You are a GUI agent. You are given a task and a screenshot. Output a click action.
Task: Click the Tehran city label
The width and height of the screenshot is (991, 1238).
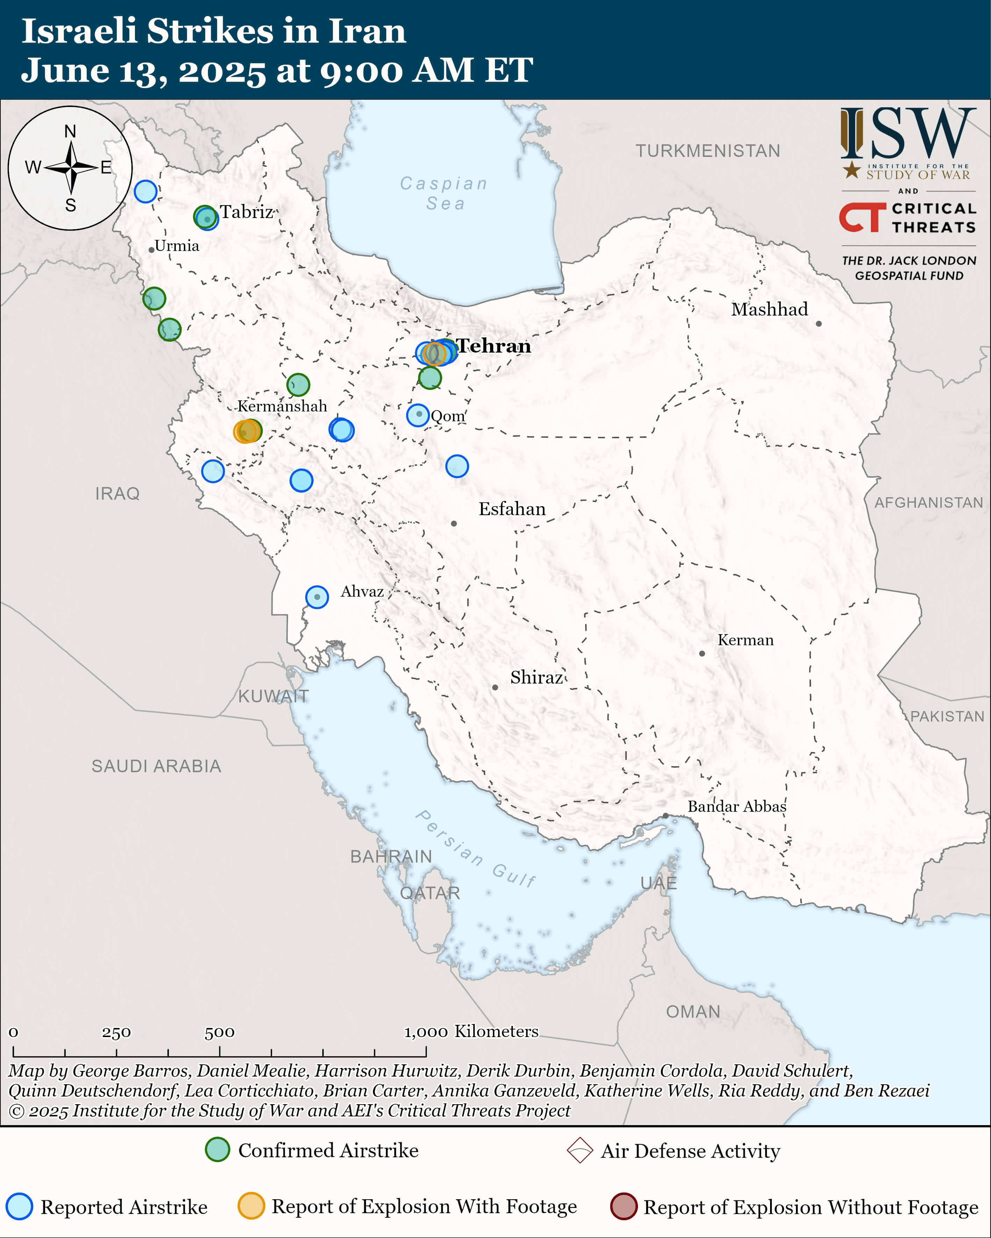494,346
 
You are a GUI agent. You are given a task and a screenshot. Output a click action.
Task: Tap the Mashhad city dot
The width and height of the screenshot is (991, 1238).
819,324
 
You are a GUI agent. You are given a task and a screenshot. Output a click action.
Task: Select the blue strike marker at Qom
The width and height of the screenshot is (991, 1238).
418,414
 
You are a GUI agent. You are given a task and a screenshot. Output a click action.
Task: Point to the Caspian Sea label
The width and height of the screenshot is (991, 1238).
444,194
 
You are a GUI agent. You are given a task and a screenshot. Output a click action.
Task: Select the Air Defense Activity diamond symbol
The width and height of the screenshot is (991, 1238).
579,1150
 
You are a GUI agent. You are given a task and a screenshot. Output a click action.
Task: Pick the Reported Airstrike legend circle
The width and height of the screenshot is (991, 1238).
20,1207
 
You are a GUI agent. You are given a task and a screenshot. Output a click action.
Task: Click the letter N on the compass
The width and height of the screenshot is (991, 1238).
70,131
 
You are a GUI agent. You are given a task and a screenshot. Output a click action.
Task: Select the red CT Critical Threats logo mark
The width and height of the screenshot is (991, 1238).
862,217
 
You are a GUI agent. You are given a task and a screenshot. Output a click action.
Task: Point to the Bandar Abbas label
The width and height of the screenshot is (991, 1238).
737,806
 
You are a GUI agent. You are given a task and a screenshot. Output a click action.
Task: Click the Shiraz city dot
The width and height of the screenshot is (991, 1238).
495,687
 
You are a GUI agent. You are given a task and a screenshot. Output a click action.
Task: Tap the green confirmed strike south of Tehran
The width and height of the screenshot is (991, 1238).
430,377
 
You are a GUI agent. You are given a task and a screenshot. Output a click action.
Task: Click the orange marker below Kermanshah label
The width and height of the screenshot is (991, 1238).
246,431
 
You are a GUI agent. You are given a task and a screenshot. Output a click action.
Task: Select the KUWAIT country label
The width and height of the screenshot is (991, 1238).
273,696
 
